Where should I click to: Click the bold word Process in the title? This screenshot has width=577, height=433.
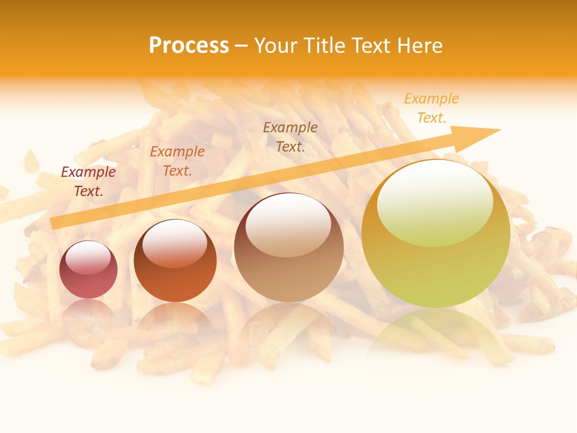click(x=189, y=46)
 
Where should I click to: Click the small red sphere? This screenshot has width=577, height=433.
click(x=88, y=270)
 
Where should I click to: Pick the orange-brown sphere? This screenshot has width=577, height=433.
click(x=175, y=262)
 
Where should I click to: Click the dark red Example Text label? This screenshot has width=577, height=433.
click(x=88, y=182)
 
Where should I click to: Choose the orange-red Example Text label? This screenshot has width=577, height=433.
click(x=177, y=161)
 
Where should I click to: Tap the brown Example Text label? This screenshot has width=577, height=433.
click(x=290, y=137)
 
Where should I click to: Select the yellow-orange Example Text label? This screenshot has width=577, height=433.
click(x=432, y=108)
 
